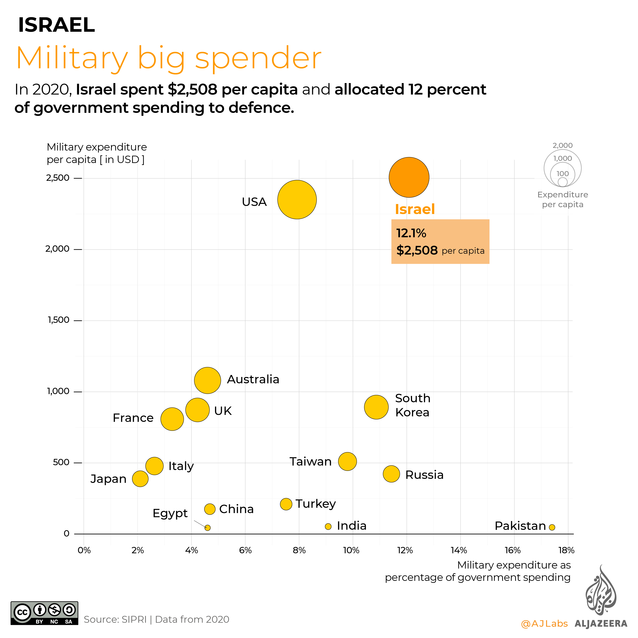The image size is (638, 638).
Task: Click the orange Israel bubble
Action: (x=409, y=177)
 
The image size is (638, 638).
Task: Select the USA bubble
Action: (x=297, y=199)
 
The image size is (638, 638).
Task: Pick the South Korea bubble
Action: (x=376, y=407)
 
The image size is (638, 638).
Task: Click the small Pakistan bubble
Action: (x=552, y=527)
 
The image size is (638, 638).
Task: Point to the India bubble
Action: (x=328, y=526)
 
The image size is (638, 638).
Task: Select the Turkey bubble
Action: (x=286, y=504)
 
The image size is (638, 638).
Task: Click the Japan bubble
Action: (x=140, y=479)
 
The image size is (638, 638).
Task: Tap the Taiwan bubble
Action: (x=347, y=461)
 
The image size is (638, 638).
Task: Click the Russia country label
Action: (x=424, y=475)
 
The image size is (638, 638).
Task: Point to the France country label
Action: (x=133, y=418)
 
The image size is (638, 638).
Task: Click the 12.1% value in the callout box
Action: (x=411, y=233)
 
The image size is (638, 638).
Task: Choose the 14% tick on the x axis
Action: (x=459, y=550)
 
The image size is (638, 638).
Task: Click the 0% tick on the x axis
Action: (x=84, y=550)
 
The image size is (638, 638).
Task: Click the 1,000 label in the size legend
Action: (x=562, y=159)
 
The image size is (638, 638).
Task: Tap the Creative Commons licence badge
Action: (x=44, y=613)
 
